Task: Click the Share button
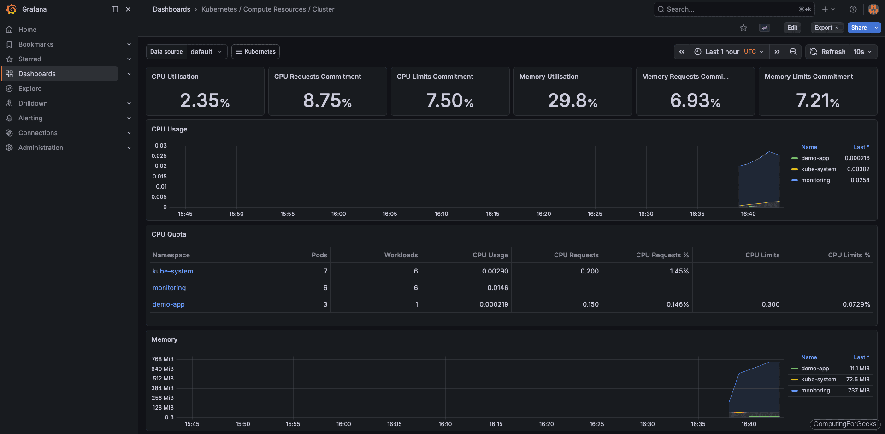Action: pyautogui.click(x=858, y=28)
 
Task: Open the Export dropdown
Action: pyautogui.click(x=826, y=28)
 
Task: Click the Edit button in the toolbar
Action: pyautogui.click(x=792, y=28)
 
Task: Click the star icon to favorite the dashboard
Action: pyautogui.click(x=743, y=28)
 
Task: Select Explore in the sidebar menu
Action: pyautogui.click(x=30, y=89)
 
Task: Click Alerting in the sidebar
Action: pyautogui.click(x=30, y=118)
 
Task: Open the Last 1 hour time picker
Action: pyautogui.click(x=728, y=52)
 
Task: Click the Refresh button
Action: pyautogui.click(x=828, y=52)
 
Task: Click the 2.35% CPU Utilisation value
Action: pyautogui.click(x=205, y=101)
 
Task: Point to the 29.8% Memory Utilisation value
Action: pyautogui.click(x=572, y=101)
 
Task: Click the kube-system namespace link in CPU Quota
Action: pyautogui.click(x=173, y=271)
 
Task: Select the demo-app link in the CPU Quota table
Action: pyautogui.click(x=169, y=304)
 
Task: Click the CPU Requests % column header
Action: pyautogui.click(x=662, y=255)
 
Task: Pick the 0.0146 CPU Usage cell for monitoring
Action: pyautogui.click(x=498, y=288)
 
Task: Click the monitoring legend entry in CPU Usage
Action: pyautogui.click(x=815, y=180)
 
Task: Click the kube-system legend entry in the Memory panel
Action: pyautogui.click(x=818, y=380)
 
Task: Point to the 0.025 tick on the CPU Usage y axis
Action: pyautogui.click(x=159, y=156)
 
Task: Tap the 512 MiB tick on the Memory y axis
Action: pyautogui.click(x=163, y=379)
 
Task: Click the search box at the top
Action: pyautogui.click(x=733, y=9)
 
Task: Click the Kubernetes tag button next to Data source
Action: pyautogui.click(x=255, y=52)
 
